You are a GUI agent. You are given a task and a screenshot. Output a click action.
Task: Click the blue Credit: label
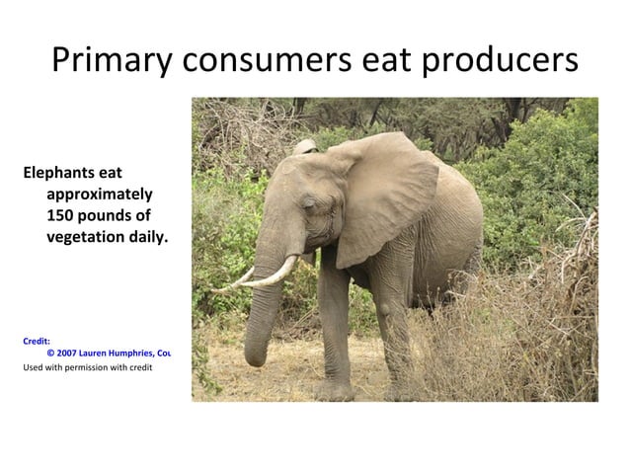(37, 341)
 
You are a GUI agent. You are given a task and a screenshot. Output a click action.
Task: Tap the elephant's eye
(303, 204)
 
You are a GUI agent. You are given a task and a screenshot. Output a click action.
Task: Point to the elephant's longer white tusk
(271, 274)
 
